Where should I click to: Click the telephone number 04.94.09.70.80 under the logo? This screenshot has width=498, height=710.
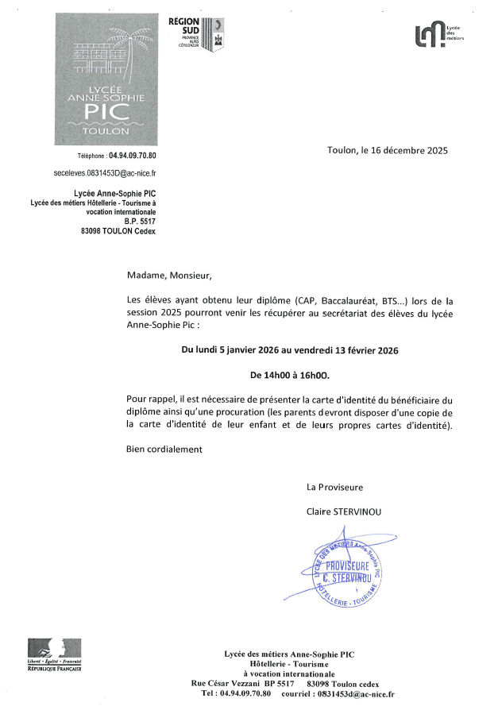[x=126, y=156]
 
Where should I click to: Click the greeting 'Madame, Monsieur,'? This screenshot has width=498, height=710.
[x=170, y=276]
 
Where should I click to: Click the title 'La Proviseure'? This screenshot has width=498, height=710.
[x=335, y=487]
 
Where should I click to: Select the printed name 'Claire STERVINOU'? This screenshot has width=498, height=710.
[x=344, y=511]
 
